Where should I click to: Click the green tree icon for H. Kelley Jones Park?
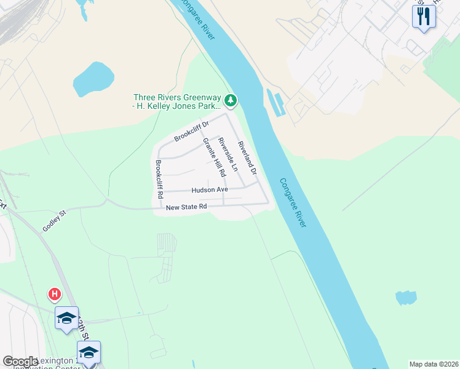point(231,100)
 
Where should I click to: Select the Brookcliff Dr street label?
point(191,130)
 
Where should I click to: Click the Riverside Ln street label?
point(229,154)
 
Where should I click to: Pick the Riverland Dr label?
point(247,157)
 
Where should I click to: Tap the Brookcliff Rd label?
point(159,178)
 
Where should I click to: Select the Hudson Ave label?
point(209,190)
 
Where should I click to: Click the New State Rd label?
point(186,208)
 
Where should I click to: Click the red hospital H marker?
point(55,295)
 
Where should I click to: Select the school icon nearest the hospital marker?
point(66,319)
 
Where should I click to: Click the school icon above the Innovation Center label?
point(89,353)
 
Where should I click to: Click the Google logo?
point(20,362)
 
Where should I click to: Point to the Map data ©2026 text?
point(434,364)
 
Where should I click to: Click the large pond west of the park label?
point(93,78)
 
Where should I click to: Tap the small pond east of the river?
point(406,298)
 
